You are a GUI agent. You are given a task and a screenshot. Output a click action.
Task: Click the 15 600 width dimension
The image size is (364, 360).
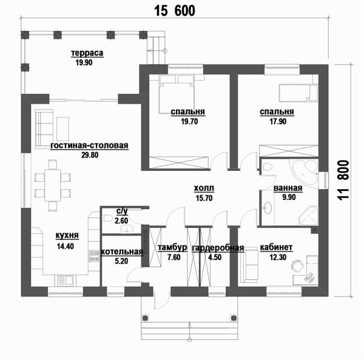tap(175, 11)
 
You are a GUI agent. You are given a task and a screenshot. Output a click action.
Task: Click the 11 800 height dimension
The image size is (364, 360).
tap(343, 180)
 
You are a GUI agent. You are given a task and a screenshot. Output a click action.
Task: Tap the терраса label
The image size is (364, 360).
tap(87, 53)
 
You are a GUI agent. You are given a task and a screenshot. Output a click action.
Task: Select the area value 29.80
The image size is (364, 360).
tap(90, 155)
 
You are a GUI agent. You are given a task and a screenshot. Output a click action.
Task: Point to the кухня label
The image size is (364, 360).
tap(67, 235)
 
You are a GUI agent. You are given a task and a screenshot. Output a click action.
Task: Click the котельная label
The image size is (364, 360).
tap(122, 252)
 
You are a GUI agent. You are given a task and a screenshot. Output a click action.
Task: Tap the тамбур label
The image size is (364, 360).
tap(172, 247)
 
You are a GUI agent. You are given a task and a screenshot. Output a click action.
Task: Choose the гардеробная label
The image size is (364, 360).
tap(218, 248)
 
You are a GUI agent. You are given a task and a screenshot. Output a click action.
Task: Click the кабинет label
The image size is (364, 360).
tap(276, 247)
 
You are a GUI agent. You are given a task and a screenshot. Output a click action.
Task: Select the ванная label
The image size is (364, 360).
tap(288, 188)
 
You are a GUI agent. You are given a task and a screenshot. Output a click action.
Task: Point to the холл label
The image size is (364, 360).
tap(204, 188)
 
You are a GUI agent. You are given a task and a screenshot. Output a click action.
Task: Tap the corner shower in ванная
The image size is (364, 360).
tap(308, 216)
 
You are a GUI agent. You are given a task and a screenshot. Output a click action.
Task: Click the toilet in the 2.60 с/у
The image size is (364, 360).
tap(107, 218)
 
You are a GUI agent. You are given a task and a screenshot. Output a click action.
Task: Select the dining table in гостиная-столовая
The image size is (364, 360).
tap(52, 185)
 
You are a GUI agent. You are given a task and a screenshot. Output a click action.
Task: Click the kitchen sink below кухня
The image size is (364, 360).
tap(66, 281)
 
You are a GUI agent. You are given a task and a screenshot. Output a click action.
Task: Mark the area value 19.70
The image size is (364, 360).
tap(189, 121)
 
